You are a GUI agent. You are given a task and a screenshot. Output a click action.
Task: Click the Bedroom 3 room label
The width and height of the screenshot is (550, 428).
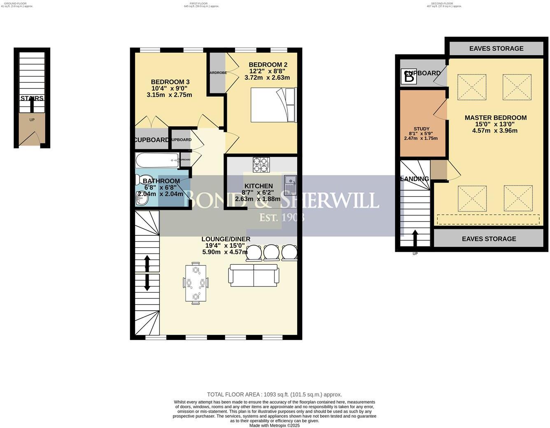click(170, 82)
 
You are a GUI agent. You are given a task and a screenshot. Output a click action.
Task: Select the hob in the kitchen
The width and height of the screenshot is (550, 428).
click(261, 165)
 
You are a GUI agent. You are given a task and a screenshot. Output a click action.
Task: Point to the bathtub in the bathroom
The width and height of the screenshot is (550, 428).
click(157, 160)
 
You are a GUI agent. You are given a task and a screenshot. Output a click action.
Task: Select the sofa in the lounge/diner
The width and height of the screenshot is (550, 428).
click(254, 275)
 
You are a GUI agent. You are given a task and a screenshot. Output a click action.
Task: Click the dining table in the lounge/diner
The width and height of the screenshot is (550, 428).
click(196, 283)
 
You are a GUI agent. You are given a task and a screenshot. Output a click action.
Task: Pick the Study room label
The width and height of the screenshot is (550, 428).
click(422, 129)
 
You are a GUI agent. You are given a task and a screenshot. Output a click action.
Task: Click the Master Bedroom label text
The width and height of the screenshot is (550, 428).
click(495, 118)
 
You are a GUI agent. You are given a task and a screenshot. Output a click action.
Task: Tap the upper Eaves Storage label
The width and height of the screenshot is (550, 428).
click(496, 49)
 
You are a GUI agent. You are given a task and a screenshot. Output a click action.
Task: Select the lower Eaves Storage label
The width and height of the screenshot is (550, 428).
click(489, 239)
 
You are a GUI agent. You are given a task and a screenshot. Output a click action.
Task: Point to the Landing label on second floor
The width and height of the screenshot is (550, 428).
click(415, 179)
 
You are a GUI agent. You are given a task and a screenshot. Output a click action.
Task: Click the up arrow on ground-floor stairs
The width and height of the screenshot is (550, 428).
click(31, 105)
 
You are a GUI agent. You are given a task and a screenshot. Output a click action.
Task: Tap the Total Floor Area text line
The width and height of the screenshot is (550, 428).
click(274, 394)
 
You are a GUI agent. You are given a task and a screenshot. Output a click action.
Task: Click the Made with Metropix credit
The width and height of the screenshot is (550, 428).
click(274, 426)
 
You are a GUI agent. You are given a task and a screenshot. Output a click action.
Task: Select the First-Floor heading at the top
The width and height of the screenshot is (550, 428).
click(201, 3)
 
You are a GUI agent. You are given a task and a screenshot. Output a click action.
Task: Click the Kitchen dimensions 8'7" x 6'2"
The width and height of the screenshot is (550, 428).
click(257, 193)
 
